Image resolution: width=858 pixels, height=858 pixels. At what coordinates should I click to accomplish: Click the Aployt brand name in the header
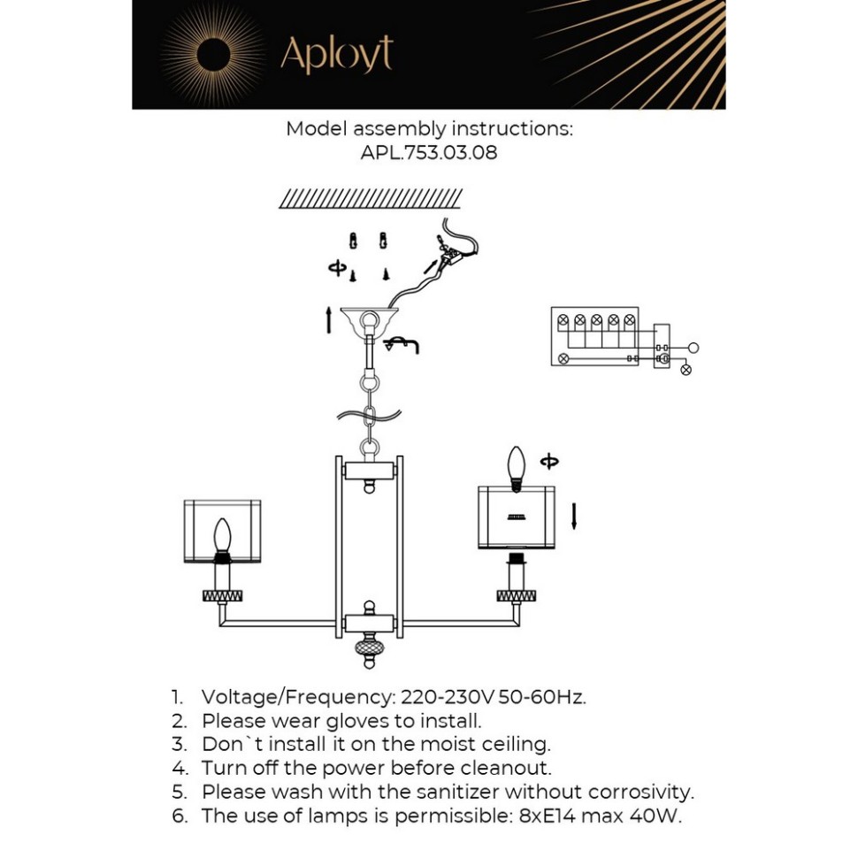coord(336,55)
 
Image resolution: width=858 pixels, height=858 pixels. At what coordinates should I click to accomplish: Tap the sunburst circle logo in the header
coord(213,56)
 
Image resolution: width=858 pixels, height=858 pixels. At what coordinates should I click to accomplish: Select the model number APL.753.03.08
coord(429,152)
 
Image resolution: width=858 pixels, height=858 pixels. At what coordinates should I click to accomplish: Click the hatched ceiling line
coord(371,199)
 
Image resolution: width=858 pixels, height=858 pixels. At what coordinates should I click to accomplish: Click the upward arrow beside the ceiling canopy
coord(329,320)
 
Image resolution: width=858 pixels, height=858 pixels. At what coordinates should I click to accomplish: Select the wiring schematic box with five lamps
coord(594,337)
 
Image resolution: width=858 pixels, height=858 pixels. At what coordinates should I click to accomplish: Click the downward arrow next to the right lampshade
coord(574,516)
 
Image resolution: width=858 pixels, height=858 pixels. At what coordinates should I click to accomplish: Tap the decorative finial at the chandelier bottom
coord(369,652)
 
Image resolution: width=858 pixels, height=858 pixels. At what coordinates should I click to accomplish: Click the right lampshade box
coord(516,517)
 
